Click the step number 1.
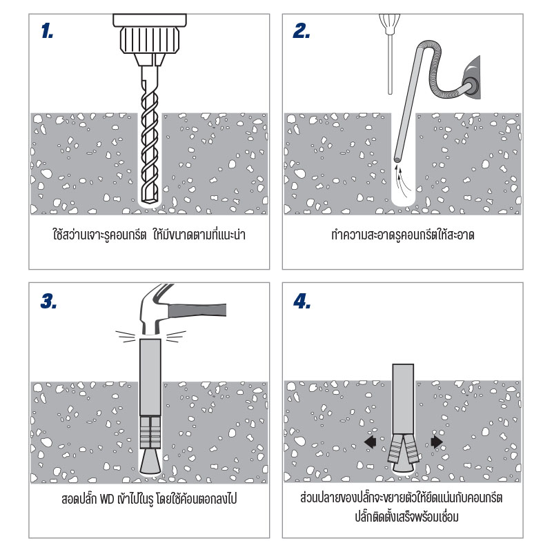click(x=47, y=30)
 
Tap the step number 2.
click(x=301, y=30)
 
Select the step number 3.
click(x=48, y=302)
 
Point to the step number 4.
click(x=302, y=302)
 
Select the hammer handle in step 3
click(x=197, y=310)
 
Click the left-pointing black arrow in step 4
click(x=371, y=442)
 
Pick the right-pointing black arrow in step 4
click(x=437, y=442)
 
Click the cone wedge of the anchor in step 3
click(x=150, y=461)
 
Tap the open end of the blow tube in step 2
click(x=397, y=159)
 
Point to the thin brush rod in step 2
click(x=390, y=64)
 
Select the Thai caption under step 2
click(x=403, y=235)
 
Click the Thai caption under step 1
click(x=149, y=234)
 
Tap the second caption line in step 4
click(x=406, y=517)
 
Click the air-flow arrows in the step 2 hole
click(x=402, y=179)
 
